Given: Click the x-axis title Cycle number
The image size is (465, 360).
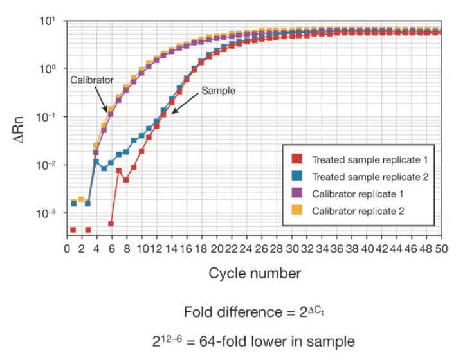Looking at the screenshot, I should pos(254,273).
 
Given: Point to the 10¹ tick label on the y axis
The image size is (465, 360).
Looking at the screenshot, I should pos(50,22).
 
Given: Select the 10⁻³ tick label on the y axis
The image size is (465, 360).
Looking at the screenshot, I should pos(48,213).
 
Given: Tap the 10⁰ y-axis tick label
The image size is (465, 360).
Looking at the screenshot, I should pos(50,69).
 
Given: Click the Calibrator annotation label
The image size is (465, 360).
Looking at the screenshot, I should pos(91,80).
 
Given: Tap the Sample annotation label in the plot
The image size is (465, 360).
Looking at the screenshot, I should pos(218,91).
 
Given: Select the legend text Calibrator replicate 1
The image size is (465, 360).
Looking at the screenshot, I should pos(358,194).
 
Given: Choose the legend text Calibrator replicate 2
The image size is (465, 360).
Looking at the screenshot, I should pos(358,211).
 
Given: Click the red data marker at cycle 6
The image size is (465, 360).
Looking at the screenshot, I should pos(111,224).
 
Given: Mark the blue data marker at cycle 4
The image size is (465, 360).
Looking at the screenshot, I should pos(96,162).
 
